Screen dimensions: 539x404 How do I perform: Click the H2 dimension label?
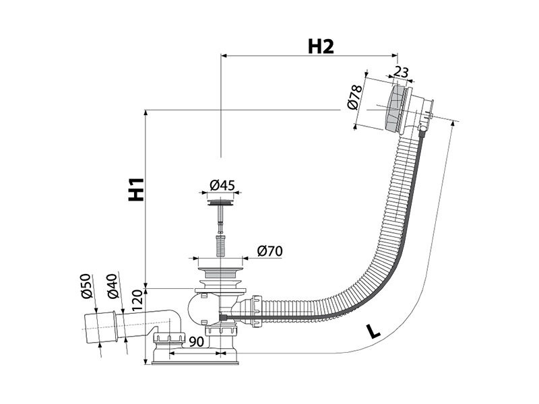click(x=321, y=46)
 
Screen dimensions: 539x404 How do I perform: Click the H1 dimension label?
click(x=136, y=189)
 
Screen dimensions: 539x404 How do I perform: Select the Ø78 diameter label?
click(x=355, y=97)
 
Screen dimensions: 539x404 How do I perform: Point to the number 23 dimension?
click(x=401, y=72)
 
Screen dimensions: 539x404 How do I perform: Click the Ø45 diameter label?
click(x=222, y=186)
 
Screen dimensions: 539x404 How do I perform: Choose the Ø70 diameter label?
click(x=270, y=251)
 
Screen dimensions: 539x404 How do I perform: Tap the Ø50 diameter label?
click(x=86, y=285)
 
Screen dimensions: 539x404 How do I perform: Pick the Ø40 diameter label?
click(x=113, y=285)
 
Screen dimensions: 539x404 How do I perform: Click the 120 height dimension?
click(x=137, y=300)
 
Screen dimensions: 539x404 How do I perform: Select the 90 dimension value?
click(x=197, y=342)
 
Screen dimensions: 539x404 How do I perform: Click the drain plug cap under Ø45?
click(x=221, y=202)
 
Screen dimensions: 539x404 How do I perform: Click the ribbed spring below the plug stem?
click(x=220, y=244)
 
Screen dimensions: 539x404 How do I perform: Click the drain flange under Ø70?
click(x=220, y=273)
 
